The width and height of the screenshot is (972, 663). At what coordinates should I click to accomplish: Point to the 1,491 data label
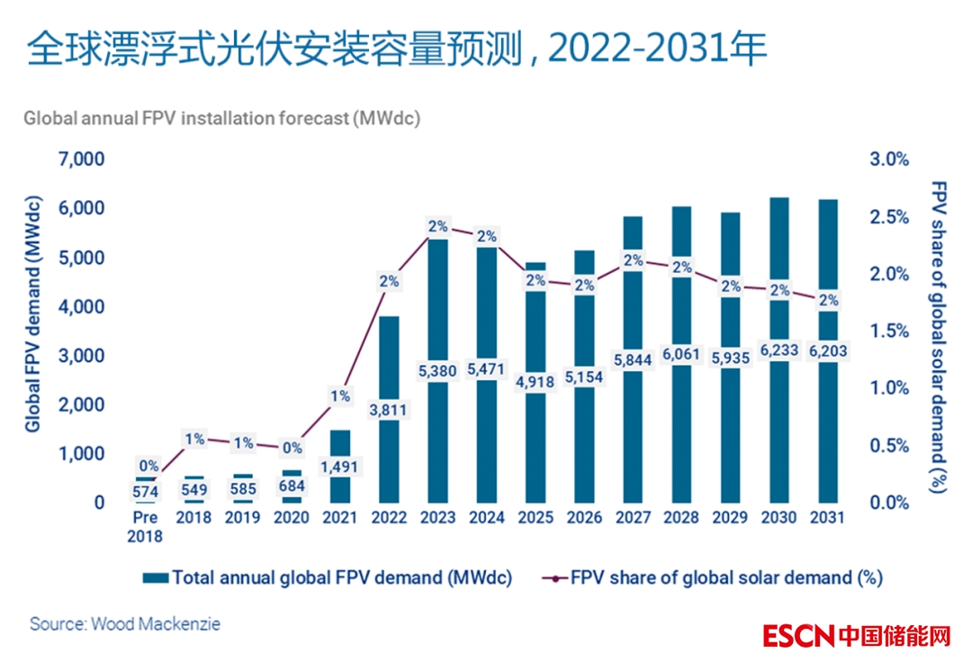(x=340, y=467)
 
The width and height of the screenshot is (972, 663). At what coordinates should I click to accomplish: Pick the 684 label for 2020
(x=292, y=487)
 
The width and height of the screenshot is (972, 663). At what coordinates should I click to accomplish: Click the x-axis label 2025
(x=535, y=519)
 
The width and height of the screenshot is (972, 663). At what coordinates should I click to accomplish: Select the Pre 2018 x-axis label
(x=145, y=527)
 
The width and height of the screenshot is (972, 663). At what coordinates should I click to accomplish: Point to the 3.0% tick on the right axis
(x=890, y=159)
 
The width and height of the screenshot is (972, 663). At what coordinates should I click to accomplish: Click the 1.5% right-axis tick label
(x=890, y=331)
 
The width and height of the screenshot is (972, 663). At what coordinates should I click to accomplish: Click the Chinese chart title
(x=396, y=51)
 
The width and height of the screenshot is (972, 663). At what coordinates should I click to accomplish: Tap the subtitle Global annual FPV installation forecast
(x=221, y=118)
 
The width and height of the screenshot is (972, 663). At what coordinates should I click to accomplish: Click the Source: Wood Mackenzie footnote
(x=124, y=623)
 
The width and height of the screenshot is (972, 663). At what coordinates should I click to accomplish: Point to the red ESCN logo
(x=798, y=635)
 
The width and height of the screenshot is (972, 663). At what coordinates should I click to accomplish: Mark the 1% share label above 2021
(x=340, y=395)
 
